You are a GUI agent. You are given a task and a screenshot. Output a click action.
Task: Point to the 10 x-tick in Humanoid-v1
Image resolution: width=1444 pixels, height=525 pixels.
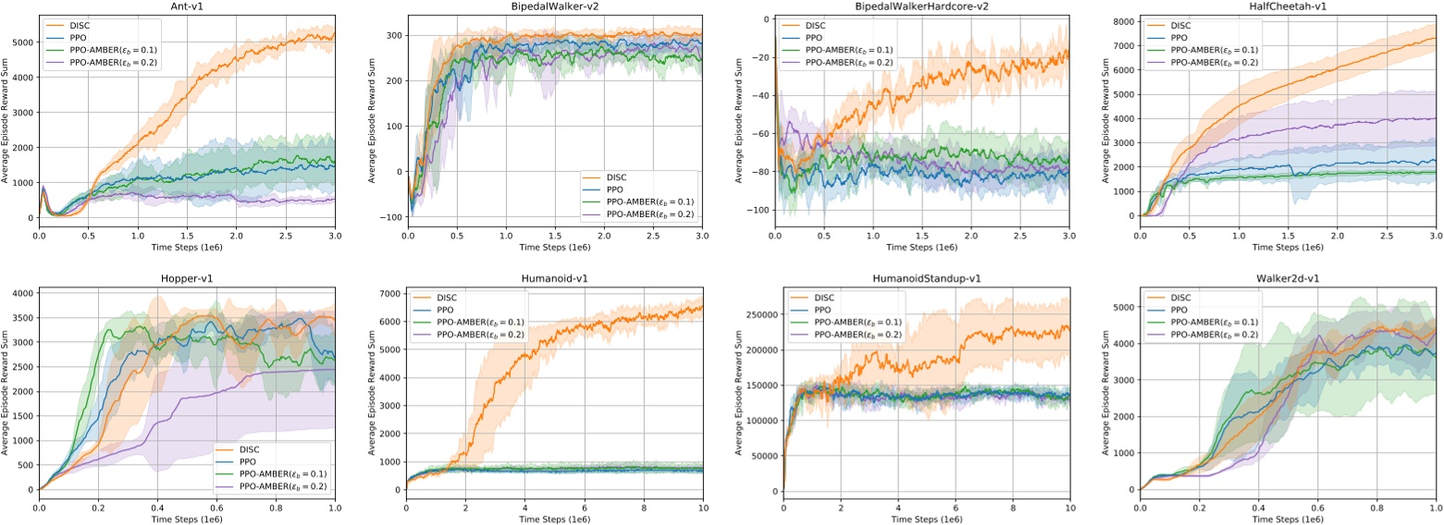pos(702,507)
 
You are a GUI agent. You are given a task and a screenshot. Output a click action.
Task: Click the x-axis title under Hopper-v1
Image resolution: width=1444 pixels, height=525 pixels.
pos(186,519)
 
